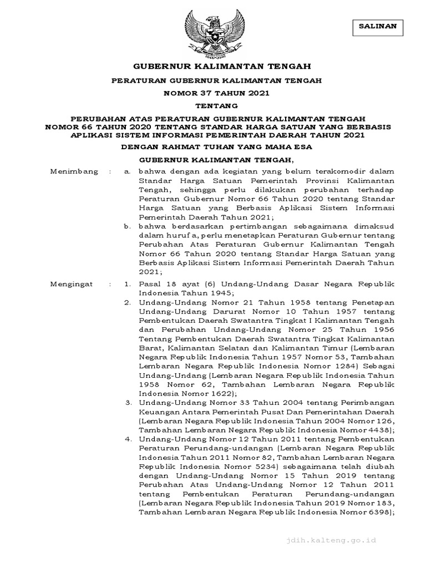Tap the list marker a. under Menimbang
tap(128, 172)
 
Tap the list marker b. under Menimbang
tap(128, 226)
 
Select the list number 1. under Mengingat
tap(128, 284)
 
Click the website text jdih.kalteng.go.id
tap(347, 539)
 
